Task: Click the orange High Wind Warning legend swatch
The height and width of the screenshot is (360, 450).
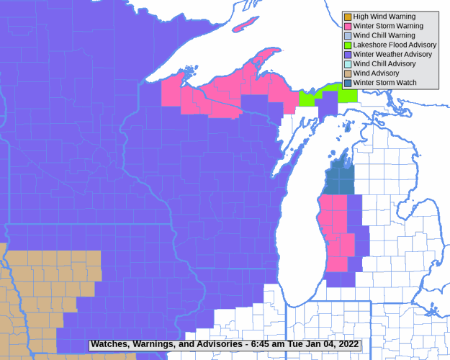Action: [x=348, y=17]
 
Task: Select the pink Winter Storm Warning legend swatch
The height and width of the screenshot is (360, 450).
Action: [x=348, y=26]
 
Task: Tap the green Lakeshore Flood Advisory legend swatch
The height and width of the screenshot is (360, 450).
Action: [x=348, y=45]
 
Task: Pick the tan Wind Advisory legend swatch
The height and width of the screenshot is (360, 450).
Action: [x=348, y=73]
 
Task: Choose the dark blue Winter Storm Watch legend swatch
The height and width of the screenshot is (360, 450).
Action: [x=348, y=83]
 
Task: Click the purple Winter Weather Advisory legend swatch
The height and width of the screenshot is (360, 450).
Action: [x=348, y=54]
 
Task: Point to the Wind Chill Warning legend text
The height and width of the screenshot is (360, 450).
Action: [x=384, y=35]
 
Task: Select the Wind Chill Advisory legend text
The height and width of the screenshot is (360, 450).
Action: [x=385, y=64]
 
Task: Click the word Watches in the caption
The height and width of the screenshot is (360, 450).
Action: [x=110, y=344]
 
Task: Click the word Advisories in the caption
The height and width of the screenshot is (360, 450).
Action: [x=213, y=344]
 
